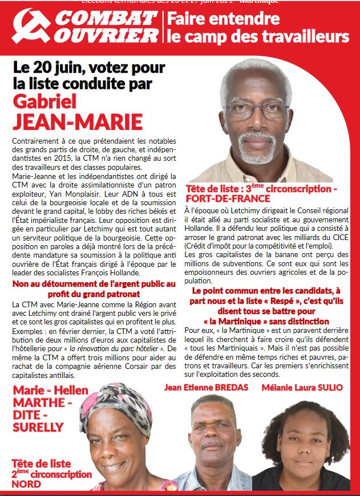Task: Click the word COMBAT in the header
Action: coord(106,19)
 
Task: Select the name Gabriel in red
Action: coord(48,101)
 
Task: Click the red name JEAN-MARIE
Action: coord(78,122)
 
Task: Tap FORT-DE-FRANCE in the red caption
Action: coord(228,198)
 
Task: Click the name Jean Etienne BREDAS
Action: coord(208,388)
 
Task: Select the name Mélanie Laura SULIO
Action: coord(302,388)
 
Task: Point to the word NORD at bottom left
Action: coord(26,484)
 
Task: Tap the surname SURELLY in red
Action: coord(38,426)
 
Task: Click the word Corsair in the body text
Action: coord(121,367)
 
